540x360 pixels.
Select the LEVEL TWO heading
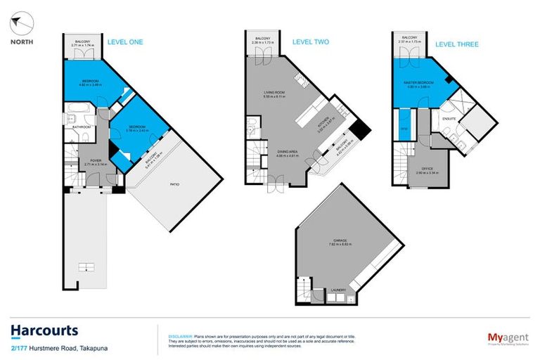311,42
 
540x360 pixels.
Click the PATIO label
174,184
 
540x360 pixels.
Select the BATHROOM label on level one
82,127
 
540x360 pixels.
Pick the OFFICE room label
426,169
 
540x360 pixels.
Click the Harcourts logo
44,330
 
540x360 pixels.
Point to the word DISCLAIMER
173,328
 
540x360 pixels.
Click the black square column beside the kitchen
360,129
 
